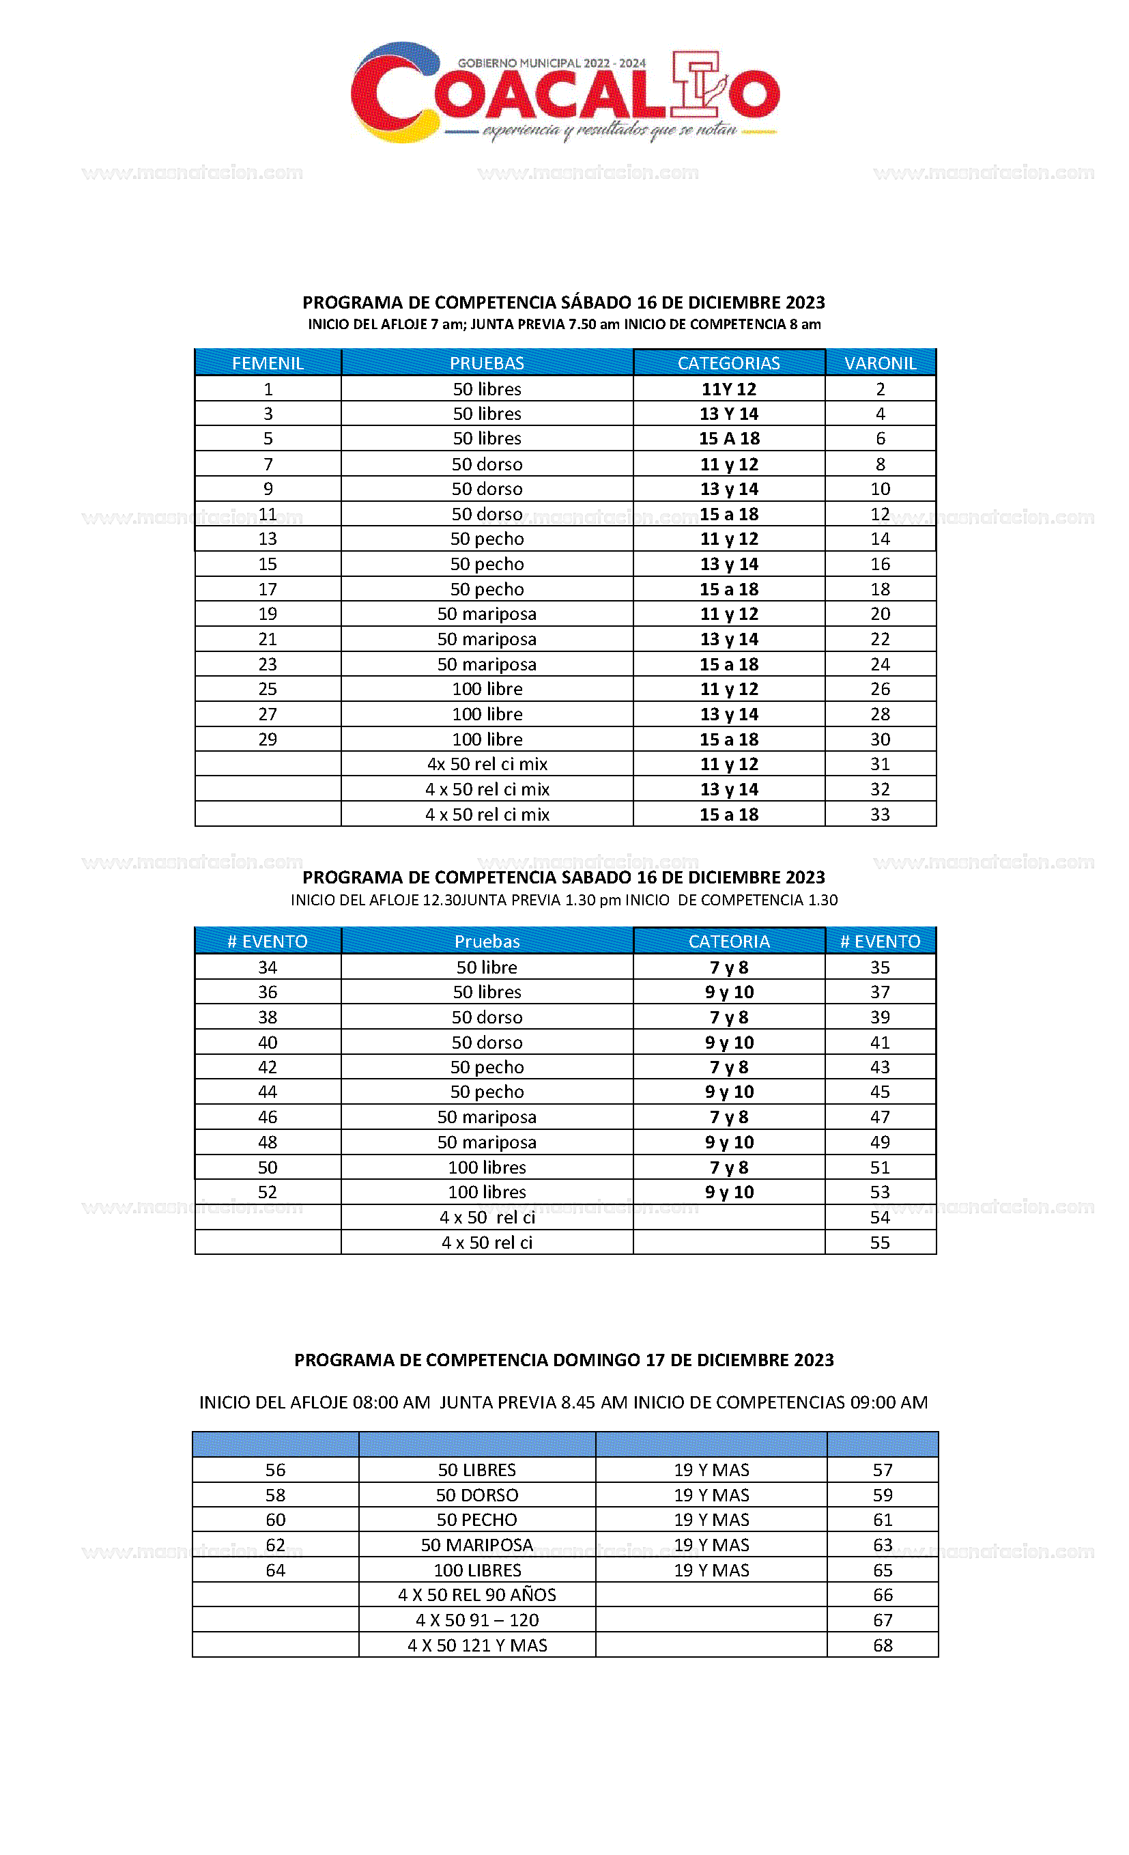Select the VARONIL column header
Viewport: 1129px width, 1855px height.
(x=880, y=363)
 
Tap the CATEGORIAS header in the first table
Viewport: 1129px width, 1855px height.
(x=728, y=363)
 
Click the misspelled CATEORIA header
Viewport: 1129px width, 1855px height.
(x=728, y=941)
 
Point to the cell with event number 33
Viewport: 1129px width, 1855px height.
(x=880, y=814)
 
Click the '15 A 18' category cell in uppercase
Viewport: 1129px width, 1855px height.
(x=728, y=438)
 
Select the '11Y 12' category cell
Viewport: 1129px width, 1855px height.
(x=728, y=388)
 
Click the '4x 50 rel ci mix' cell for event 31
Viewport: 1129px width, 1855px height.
(x=487, y=763)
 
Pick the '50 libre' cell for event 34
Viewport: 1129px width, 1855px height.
(x=487, y=967)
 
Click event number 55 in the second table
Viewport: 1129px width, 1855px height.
(x=880, y=1242)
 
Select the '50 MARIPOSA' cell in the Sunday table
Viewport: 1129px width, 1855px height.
(x=476, y=1545)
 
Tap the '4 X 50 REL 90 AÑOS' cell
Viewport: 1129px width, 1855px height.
(x=476, y=1594)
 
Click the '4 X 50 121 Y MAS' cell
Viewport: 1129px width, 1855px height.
(x=476, y=1645)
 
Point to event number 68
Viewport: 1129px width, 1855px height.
(x=882, y=1645)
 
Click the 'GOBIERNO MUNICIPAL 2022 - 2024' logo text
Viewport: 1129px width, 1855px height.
(x=552, y=63)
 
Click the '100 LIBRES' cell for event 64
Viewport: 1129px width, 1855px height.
(x=476, y=1570)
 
